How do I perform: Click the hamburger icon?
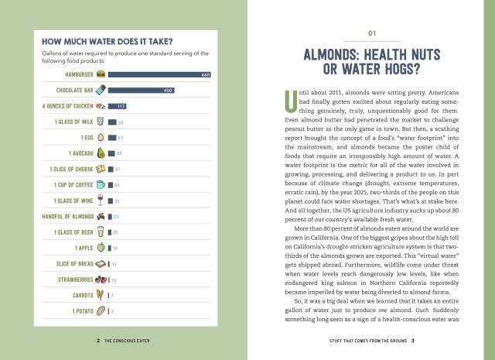(101, 74)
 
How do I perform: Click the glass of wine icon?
(100, 201)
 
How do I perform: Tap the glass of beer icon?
(100, 232)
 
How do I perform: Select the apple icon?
(100, 248)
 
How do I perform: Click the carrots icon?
(100, 295)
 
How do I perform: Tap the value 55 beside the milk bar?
(121, 122)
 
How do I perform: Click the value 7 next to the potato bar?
(113, 311)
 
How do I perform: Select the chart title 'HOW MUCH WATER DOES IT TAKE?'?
(107, 42)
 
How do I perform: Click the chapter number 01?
(371, 34)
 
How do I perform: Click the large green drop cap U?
(291, 102)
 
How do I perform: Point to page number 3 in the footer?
(414, 340)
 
